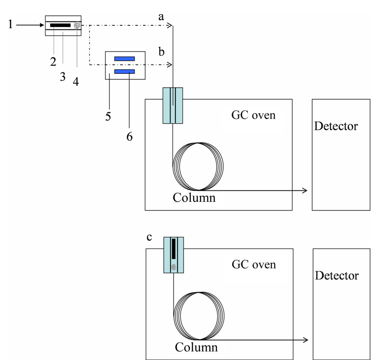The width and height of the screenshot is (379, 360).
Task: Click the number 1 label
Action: click(10, 25)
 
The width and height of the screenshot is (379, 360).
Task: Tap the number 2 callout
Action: click(53, 62)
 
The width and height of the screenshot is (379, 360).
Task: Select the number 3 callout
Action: click(63, 77)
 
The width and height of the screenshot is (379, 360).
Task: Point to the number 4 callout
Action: click(76, 81)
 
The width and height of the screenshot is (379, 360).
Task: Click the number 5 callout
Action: click(108, 117)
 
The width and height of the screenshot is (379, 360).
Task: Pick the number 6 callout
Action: click(129, 137)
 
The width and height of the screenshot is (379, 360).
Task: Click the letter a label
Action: click(161, 17)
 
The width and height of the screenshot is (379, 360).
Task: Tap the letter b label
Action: click(162, 52)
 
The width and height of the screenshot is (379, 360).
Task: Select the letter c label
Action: click(149, 237)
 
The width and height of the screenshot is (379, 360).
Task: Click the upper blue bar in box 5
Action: click(125, 59)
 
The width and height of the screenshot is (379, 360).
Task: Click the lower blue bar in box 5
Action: click(125, 72)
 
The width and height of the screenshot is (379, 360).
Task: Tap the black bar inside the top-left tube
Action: click(61, 25)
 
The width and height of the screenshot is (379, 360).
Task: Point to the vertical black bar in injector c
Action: click(173, 249)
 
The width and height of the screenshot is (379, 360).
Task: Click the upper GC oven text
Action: click(253, 115)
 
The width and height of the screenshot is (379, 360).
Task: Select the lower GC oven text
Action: click(254, 265)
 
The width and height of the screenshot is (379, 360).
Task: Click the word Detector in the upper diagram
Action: click(336, 126)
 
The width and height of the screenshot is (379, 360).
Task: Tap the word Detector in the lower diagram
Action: click(337, 275)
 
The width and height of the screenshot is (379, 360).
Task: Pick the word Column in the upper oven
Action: click(194, 198)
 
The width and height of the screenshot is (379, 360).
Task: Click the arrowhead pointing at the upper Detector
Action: click(305, 190)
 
